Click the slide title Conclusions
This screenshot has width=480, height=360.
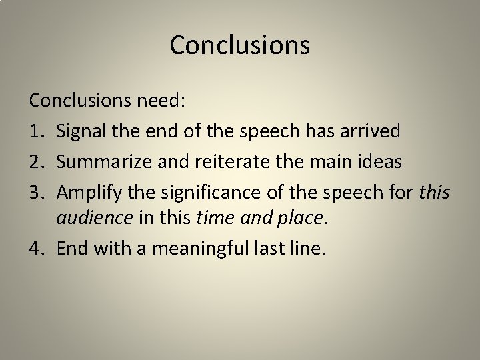240,45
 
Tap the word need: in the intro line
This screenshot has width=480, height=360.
163,102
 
